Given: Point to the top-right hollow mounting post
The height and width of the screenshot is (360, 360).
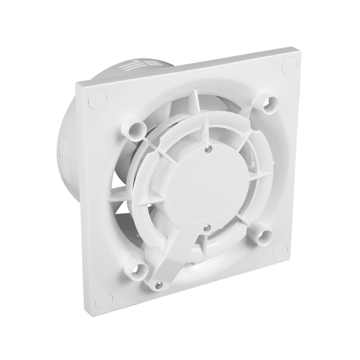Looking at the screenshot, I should tap(262, 103).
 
